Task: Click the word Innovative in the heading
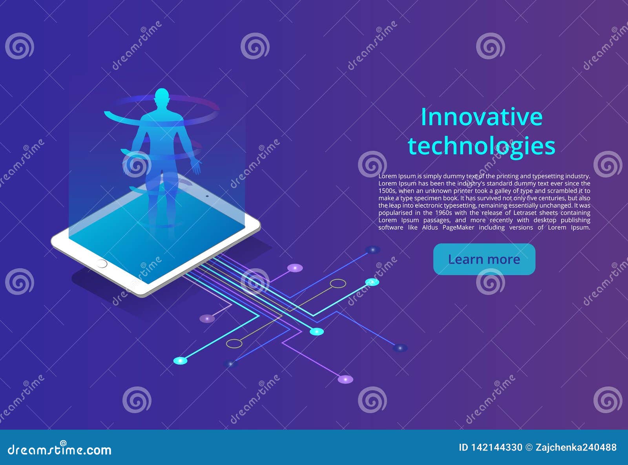[482, 117]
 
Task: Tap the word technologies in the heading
[482, 146]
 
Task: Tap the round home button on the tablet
[101, 264]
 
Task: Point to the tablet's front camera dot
[207, 196]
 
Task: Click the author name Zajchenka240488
[576, 447]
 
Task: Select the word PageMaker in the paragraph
[458, 227]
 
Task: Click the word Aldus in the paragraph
[430, 227]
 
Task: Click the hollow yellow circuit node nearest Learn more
[338, 283]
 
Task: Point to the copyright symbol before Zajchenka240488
[529, 447]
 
